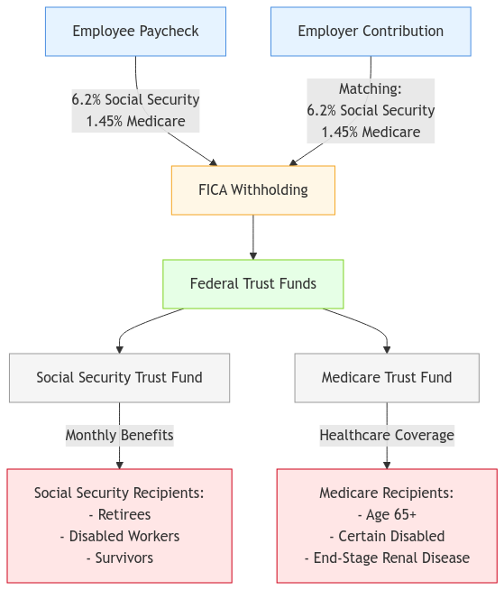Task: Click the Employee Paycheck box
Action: pyautogui.click(x=135, y=32)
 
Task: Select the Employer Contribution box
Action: pyautogui.click(x=371, y=32)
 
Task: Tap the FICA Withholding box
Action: pyautogui.click(x=252, y=190)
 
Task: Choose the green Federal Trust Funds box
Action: pyautogui.click(x=252, y=284)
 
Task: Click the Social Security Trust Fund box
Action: pyautogui.click(x=119, y=378)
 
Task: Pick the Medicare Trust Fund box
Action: pyautogui.click(x=387, y=378)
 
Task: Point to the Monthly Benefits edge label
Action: pyautogui.click(x=119, y=436)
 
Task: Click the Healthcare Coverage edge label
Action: pyautogui.click(x=387, y=436)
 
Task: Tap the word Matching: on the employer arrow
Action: pyautogui.click(x=371, y=89)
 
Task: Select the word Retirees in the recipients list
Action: pyautogui.click(x=119, y=515)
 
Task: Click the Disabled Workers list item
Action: pyautogui.click(x=119, y=537)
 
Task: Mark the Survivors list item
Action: pyautogui.click(x=119, y=558)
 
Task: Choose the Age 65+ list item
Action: pyautogui.click(x=387, y=515)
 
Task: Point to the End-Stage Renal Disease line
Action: pyautogui.click(x=387, y=558)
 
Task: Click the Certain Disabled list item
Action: pyautogui.click(x=387, y=537)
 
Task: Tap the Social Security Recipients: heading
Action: pyautogui.click(x=119, y=493)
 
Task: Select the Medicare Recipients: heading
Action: pyautogui.click(x=387, y=493)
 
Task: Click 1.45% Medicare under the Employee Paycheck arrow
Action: pyautogui.click(x=135, y=121)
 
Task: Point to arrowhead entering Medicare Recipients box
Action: pyautogui.click(x=387, y=465)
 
